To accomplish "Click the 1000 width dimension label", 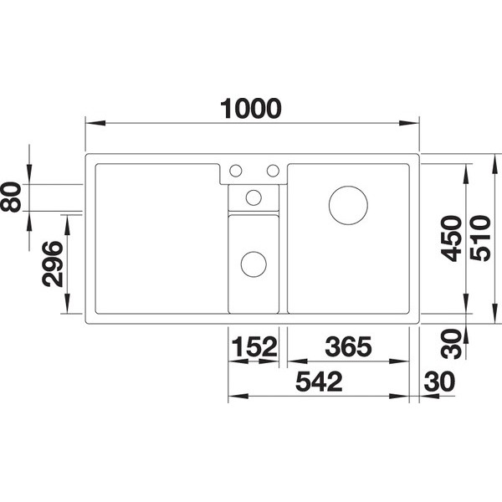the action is pos(251,109).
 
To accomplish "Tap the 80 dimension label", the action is pos(11,197).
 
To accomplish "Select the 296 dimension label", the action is pos(53,264).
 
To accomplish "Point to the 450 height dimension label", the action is pos(451,238).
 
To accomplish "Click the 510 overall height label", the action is pos(480,238).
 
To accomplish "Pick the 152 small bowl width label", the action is pos(254,346).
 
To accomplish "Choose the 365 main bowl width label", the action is pos(348,346).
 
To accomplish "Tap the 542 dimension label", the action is pos(319,382).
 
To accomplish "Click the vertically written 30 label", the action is pos(451,344).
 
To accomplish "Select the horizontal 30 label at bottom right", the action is pos(439,382).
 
